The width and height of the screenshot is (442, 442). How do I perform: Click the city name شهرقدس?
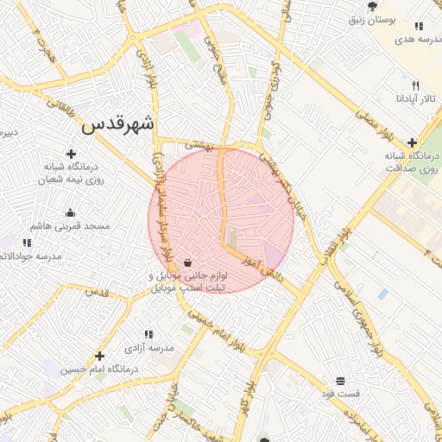click(x=118, y=124)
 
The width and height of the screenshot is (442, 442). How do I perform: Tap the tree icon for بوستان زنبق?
click(x=372, y=6)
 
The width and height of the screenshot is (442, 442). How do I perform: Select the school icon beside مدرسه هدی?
click(x=420, y=27)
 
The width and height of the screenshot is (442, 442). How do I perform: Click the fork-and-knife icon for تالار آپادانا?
click(x=415, y=86)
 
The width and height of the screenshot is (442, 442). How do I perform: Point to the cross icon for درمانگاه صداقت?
click(x=412, y=142)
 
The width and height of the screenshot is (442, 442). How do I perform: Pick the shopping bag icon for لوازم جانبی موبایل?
click(x=187, y=263)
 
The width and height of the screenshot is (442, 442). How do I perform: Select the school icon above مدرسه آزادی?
click(x=148, y=334)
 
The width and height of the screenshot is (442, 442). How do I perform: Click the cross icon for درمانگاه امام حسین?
click(x=100, y=356)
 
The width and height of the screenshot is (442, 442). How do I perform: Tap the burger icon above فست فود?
click(x=340, y=381)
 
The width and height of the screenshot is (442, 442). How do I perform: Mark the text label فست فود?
click(x=339, y=394)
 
